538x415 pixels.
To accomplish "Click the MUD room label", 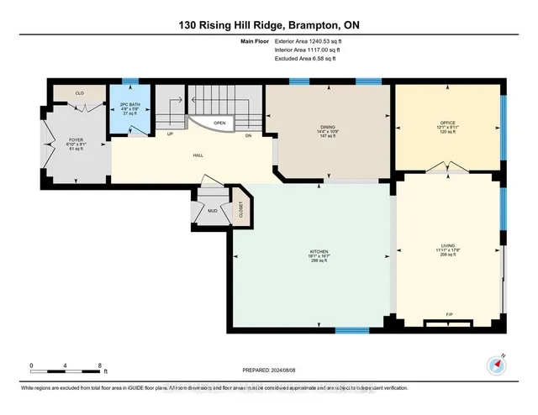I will point(213,210).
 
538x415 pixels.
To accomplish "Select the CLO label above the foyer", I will point(79,93).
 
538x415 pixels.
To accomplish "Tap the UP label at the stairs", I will point(171,135).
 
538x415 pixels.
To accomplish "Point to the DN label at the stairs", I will point(248,135).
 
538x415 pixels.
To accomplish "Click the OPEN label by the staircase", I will point(219,123).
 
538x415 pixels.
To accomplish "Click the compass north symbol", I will point(494,364).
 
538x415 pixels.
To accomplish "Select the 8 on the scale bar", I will point(101,366).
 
